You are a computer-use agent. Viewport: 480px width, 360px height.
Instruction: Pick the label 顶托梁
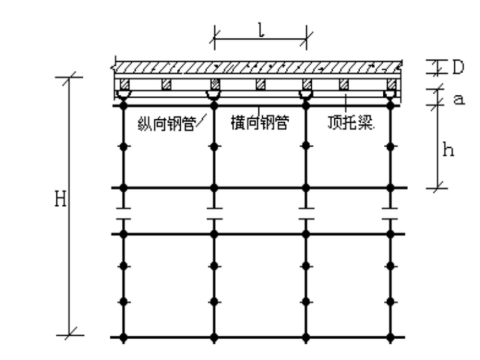(x=350, y=123)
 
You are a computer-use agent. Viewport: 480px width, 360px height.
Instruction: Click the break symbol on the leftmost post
(x=124, y=213)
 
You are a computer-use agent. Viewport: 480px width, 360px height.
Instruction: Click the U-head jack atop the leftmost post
(x=124, y=95)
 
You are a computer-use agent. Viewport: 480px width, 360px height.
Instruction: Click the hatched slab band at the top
(x=258, y=65)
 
